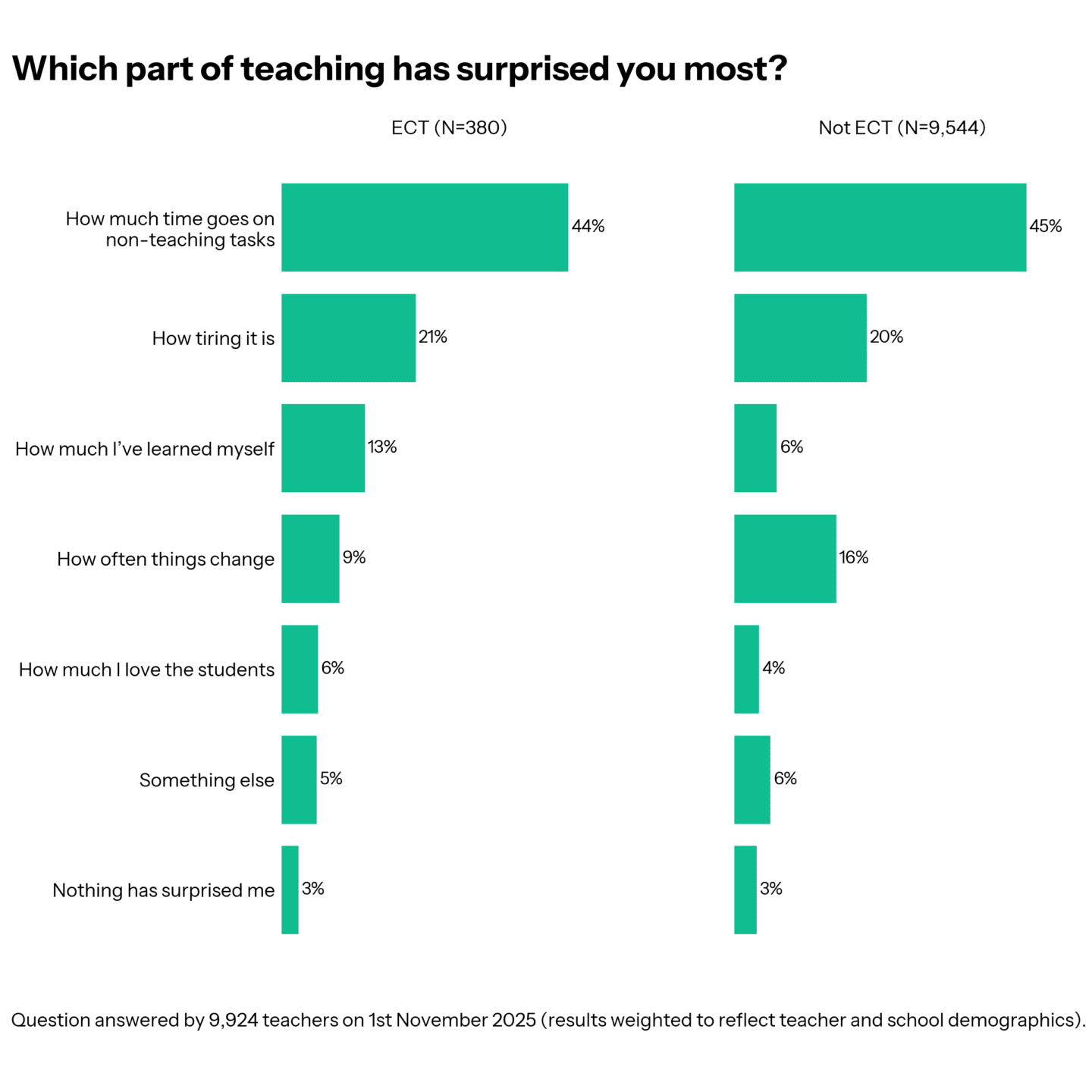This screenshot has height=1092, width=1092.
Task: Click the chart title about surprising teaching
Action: coord(400,69)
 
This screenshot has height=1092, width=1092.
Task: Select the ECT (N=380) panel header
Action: coord(449,127)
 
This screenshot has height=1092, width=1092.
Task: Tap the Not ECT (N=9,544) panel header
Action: coord(902,127)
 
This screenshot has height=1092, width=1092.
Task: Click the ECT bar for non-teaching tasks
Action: coord(424,227)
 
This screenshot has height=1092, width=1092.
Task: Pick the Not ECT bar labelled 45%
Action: coord(880,227)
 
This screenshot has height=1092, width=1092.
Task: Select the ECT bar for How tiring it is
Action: coord(348,337)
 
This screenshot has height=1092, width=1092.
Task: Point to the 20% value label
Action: coord(886,337)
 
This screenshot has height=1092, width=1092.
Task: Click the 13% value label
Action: coord(382,447)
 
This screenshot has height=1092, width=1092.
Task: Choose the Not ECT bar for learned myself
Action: coord(755,447)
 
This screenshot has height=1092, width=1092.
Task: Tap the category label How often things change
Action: coord(165,559)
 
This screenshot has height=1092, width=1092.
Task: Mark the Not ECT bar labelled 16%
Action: coord(785,558)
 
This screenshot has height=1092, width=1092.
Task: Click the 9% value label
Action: coord(354,557)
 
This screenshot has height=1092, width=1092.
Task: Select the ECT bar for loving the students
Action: coord(300,669)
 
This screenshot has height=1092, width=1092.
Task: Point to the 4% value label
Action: coord(773,667)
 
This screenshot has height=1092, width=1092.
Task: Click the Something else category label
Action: coord(206,780)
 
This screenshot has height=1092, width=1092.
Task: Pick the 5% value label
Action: coord(331,778)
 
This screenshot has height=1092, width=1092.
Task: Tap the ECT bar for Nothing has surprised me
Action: coord(290,890)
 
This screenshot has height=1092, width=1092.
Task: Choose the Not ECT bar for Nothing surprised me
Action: coord(745,890)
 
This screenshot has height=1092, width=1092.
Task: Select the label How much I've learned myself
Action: coord(144,449)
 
